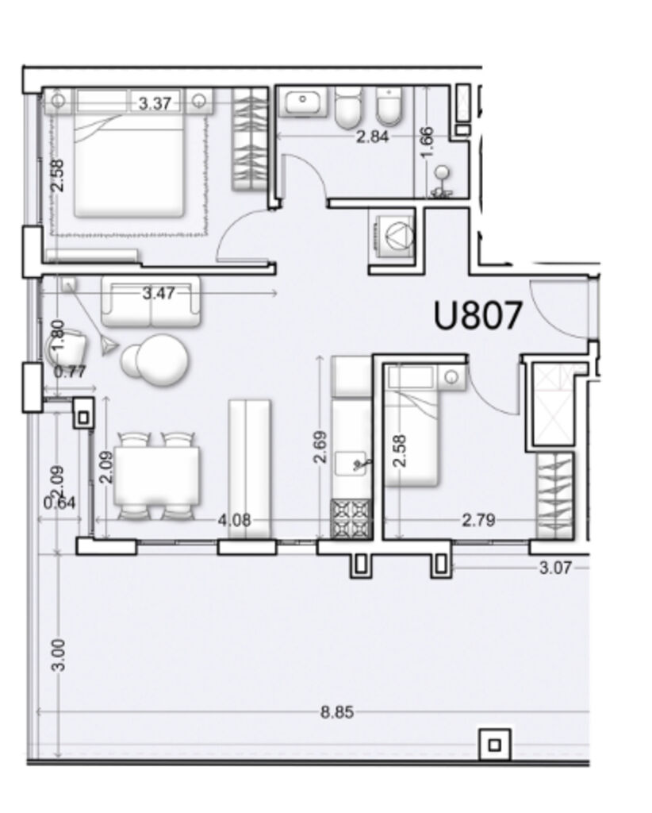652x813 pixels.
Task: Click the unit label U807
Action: tap(477, 316)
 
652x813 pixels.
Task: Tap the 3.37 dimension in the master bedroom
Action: tap(155, 103)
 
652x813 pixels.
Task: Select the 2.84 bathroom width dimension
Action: tap(372, 137)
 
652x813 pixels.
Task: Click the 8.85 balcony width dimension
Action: tap(337, 712)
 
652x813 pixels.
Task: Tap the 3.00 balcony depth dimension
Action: tap(59, 655)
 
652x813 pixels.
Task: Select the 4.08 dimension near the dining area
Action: tap(235, 519)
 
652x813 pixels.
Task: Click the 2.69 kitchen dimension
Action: tap(320, 446)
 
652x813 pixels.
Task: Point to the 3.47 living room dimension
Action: tap(159, 294)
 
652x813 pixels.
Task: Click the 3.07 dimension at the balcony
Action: tap(555, 568)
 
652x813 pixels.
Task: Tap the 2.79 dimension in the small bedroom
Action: tap(478, 519)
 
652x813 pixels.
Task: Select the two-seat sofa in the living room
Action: tap(151, 301)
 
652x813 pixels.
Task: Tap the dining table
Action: tap(157, 476)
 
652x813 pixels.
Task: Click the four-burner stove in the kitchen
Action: tap(351, 518)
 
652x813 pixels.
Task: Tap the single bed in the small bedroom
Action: tap(412, 426)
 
